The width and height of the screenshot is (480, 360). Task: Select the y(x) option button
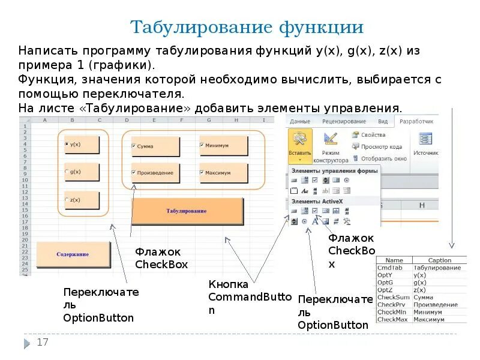(67, 145)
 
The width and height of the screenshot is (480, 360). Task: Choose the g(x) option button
(67, 172)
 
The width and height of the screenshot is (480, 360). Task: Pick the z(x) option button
(67, 200)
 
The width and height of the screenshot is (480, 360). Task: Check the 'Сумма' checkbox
(134, 146)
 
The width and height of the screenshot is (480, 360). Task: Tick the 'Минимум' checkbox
(202, 146)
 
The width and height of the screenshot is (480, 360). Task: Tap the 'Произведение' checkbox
(134, 173)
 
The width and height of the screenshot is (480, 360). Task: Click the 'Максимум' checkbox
(202, 173)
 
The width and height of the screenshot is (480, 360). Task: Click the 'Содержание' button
(73, 254)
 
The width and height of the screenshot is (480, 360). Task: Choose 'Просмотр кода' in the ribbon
(380, 147)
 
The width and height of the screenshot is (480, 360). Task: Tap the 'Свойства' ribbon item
(373, 135)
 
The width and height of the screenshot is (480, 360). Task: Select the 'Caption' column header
(440, 260)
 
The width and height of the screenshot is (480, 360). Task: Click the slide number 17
(42, 343)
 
